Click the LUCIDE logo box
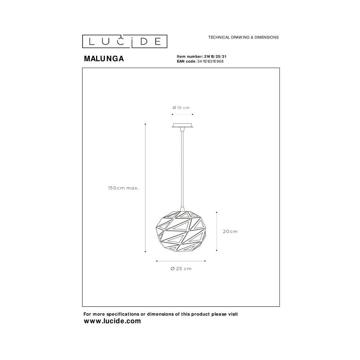pos(125,41)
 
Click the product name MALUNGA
pos(104,59)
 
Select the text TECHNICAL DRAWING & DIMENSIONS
pos(243,37)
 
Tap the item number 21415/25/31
pos(215,57)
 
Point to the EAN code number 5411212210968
pos(210,61)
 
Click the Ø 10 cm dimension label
pos(181,107)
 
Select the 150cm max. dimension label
pos(123,188)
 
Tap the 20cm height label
pos(230,231)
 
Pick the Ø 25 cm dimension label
pos(181,269)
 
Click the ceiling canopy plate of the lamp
pos(183,125)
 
